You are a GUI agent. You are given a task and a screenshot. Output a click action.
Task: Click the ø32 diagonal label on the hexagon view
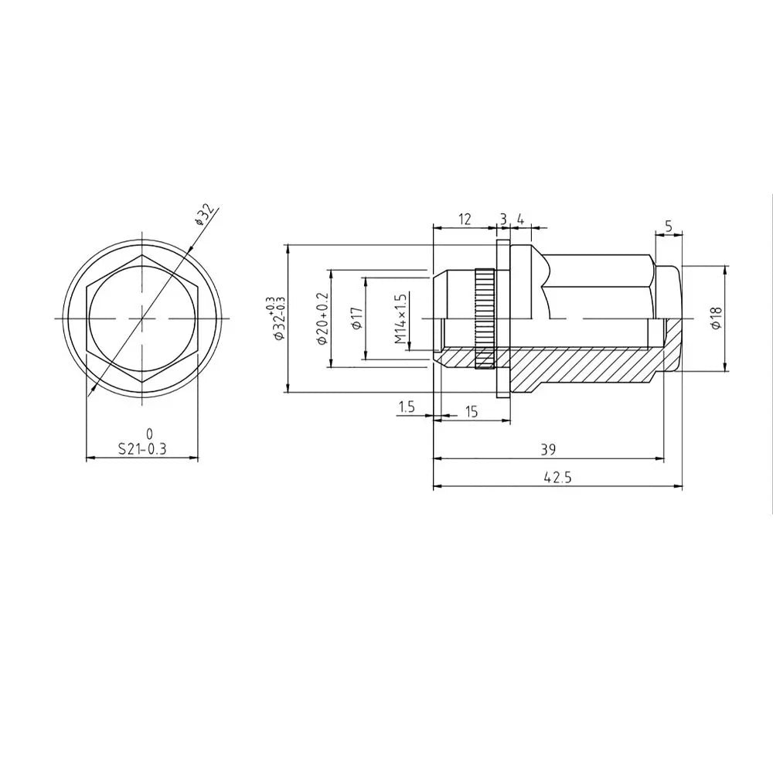pos(205,214)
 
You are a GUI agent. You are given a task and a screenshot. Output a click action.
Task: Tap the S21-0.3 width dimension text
pos(142,448)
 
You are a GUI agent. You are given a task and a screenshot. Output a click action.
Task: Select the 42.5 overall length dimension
pos(557,477)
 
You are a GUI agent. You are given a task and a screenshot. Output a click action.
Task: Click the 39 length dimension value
pos(548,449)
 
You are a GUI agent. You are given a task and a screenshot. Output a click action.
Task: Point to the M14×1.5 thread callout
pos(400,319)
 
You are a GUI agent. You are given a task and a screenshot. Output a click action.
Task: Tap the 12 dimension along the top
pos(465,219)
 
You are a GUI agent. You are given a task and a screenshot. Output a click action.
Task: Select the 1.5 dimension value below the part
pos(407,407)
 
